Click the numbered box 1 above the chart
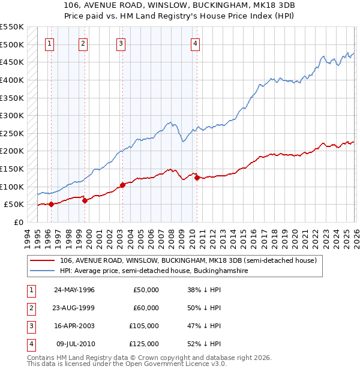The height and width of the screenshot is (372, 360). [x=49, y=43]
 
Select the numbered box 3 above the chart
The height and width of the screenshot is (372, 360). [x=121, y=43]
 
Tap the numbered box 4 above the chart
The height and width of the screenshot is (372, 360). [x=196, y=43]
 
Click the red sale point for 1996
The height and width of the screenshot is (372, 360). [x=51, y=204]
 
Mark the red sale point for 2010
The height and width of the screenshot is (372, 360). [x=197, y=178]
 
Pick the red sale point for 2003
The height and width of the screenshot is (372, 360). [x=122, y=185]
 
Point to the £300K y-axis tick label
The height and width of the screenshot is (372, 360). [x=12, y=115]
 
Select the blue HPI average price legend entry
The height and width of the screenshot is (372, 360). [x=154, y=271]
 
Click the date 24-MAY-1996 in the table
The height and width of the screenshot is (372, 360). [x=74, y=290]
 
